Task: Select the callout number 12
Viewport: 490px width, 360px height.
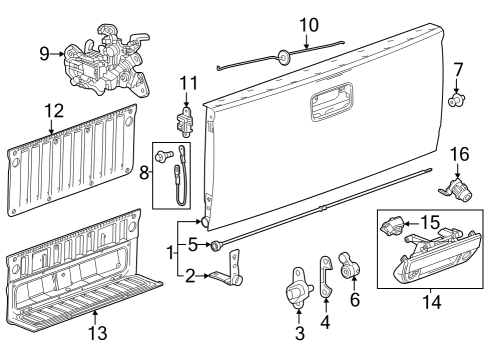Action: pyautogui.click(x=52, y=110)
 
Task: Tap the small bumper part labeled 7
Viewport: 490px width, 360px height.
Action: pyautogui.click(x=457, y=100)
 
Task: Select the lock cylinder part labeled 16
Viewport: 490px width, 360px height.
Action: pyautogui.click(x=455, y=186)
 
